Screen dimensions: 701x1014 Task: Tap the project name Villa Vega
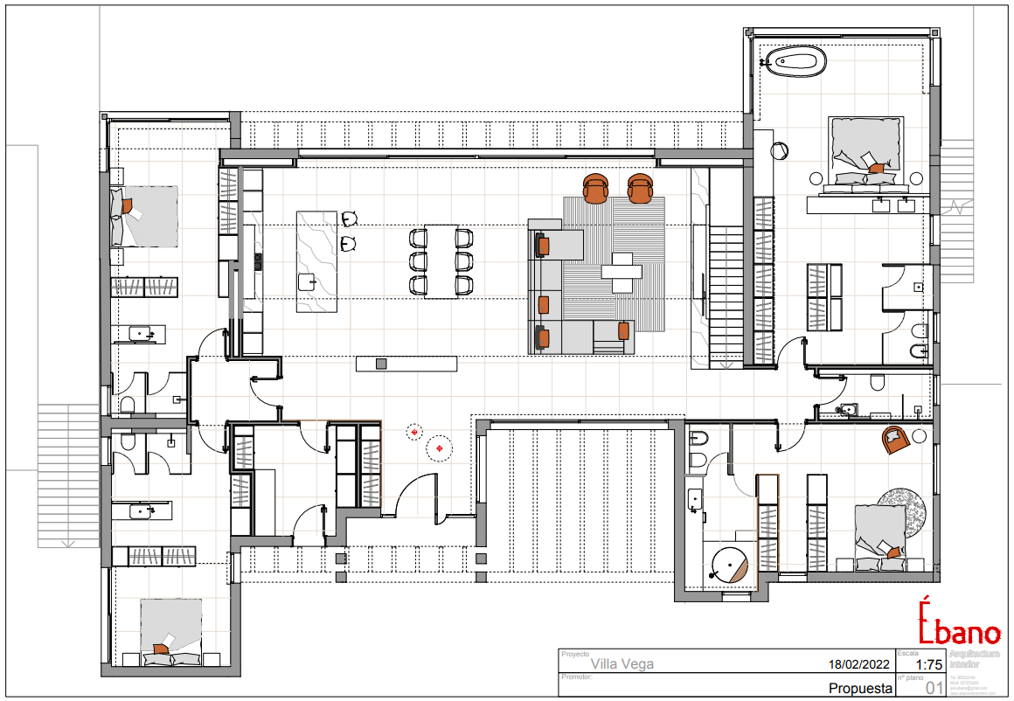pyautogui.click(x=622, y=664)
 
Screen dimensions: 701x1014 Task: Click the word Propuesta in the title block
pyautogui.click(x=860, y=689)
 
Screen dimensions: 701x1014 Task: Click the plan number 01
pyautogui.click(x=934, y=689)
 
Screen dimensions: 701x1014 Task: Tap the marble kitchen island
pyautogui.click(x=316, y=260)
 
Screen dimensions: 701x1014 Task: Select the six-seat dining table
pyautogui.click(x=441, y=261)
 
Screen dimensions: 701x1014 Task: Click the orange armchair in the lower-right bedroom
pyautogui.click(x=896, y=439)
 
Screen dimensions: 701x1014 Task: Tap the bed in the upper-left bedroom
pyautogui.click(x=144, y=215)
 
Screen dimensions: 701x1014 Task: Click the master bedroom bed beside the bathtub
pyautogui.click(x=865, y=150)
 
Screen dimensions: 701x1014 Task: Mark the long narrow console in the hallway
pyautogui.click(x=406, y=364)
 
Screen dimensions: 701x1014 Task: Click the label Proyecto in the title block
pyautogui.click(x=575, y=654)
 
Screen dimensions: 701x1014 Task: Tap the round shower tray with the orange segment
pyautogui.click(x=729, y=565)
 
